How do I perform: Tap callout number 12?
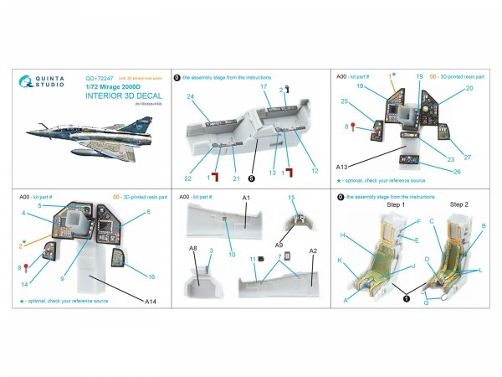[315, 171]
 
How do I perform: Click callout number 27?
[468, 157]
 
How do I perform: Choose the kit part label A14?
[151, 300]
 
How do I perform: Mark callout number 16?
[151, 276]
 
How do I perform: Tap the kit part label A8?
[192, 249]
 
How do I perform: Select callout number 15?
[292, 198]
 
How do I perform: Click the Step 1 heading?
[392, 205]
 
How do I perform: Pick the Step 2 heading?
[459, 205]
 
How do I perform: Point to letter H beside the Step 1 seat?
[343, 235]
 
